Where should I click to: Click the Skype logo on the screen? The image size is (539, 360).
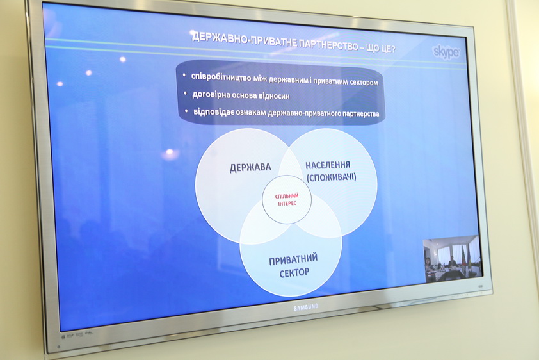click(x=446, y=52)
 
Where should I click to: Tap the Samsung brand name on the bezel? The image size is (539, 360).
click(x=306, y=307)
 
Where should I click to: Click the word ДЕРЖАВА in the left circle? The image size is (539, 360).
click(x=250, y=167)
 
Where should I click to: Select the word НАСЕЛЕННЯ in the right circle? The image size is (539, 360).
click(x=328, y=165)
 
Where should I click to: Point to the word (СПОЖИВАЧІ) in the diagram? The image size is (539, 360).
click(x=331, y=177)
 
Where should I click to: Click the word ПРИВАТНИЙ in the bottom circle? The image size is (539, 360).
click(x=293, y=260)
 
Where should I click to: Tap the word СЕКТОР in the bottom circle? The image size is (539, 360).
click(x=294, y=273)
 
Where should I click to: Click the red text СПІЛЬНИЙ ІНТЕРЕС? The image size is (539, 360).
click(x=287, y=199)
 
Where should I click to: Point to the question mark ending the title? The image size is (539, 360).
click(x=392, y=49)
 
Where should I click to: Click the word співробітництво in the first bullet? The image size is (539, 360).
click(x=221, y=78)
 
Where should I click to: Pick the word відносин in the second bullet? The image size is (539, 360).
click(x=275, y=95)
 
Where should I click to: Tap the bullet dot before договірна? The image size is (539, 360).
click(x=186, y=93)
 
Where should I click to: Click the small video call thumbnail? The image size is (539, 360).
click(x=453, y=259)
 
